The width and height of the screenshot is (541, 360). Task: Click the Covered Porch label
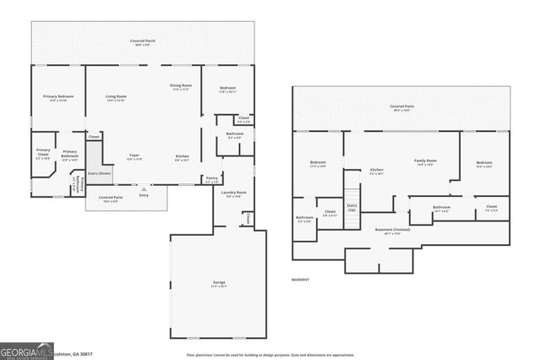[142, 41]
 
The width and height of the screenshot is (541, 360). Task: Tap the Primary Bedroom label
[58, 97]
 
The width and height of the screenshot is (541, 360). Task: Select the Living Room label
[116, 97]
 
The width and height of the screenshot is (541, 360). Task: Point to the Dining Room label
[181, 85]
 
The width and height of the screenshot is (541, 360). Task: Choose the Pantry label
[211, 179]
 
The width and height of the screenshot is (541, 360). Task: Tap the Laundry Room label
[234, 193]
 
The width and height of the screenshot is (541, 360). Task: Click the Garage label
[218, 282]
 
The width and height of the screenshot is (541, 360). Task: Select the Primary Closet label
[43, 152]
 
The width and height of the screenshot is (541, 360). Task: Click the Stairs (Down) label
[100, 172]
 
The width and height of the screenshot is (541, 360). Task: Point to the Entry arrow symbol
[143, 189]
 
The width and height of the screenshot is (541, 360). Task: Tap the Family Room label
[424, 161]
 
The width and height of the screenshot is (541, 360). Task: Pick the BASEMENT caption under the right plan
[301, 280]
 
